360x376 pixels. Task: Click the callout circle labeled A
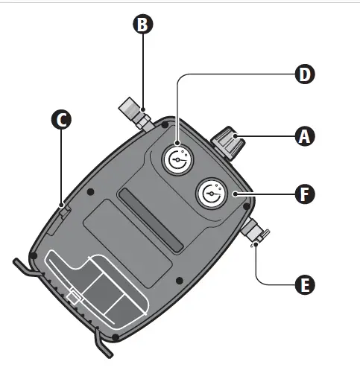click(303, 136)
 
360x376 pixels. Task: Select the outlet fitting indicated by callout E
click(253, 233)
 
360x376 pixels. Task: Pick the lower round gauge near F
click(211, 194)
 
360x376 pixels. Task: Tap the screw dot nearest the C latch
click(90, 192)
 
